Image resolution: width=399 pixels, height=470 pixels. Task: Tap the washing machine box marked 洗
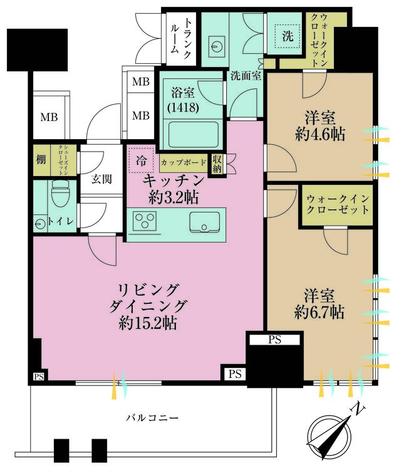(x=287, y=36)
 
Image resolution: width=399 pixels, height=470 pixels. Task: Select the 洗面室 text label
(x=246, y=77)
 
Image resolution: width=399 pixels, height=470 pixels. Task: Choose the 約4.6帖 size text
(x=319, y=133)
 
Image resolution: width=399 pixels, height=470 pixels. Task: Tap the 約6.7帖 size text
(x=319, y=311)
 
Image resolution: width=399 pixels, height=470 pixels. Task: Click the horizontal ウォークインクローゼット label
(x=338, y=205)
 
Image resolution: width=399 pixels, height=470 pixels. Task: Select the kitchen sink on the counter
(x=205, y=222)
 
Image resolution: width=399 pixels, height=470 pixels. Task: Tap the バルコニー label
(x=152, y=417)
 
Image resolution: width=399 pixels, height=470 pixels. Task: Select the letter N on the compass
(x=359, y=410)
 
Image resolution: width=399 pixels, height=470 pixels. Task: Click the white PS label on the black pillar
(x=274, y=340)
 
